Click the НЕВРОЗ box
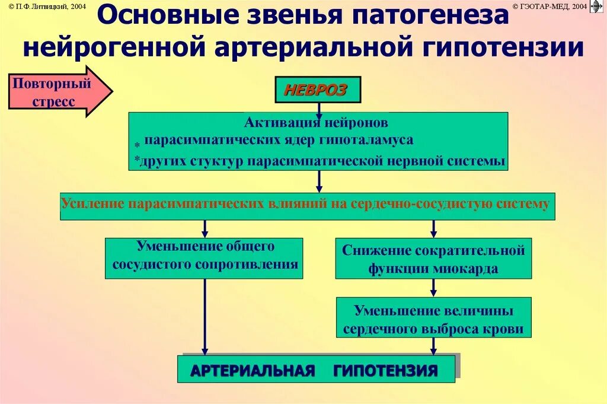318,90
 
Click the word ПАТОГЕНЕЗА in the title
430,16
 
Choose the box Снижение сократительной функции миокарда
433,259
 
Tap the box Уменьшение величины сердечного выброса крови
433,319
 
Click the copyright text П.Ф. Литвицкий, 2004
47,5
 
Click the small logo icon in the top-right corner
597,7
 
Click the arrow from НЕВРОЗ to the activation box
319,109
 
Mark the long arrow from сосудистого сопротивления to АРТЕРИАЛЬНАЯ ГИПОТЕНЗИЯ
205,317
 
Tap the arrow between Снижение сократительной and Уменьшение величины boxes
433,288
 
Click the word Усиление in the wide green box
93,204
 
